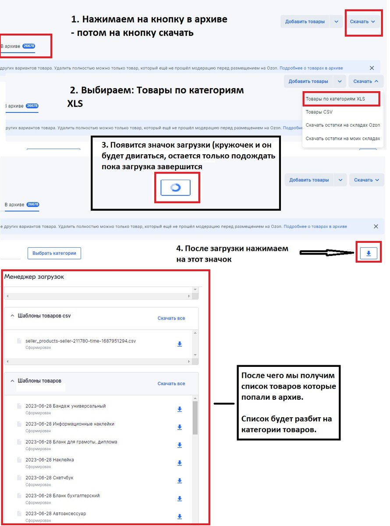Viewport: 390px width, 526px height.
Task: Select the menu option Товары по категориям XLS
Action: (x=335, y=99)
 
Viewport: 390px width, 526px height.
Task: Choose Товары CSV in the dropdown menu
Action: (x=319, y=112)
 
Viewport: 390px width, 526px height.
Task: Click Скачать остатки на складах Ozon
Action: (x=343, y=125)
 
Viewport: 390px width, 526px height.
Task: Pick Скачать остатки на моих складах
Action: (x=343, y=138)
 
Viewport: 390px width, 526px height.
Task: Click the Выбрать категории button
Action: (x=54, y=253)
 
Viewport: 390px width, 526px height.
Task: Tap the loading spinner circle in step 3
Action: (x=175, y=187)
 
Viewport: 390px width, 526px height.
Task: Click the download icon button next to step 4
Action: (x=369, y=253)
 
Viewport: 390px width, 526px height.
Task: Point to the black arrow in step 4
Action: (x=327, y=252)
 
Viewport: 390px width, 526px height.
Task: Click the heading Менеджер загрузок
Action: (x=34, y=277)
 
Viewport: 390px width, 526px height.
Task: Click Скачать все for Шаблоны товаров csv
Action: (x=171, y=318)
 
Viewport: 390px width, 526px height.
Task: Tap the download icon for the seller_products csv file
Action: (x=180, y=344)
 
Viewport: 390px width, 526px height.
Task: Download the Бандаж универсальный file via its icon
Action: (x=180, y=409)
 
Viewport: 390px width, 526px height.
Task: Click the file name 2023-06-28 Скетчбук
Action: (x=50, y=477)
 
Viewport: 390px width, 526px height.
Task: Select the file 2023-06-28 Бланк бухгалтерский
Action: (x=63, y=495)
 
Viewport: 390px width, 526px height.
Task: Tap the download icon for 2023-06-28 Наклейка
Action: (x=180, y=463)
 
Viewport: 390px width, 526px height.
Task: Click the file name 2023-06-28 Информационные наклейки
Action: (x=70, y=424)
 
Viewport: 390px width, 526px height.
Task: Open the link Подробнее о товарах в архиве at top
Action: (x=311, y=68)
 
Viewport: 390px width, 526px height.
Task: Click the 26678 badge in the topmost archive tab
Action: (x=28, y=46)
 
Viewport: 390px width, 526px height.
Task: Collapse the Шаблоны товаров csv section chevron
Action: (x=12, y=316)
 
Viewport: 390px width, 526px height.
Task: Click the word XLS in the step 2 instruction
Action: (x=75, y=103)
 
